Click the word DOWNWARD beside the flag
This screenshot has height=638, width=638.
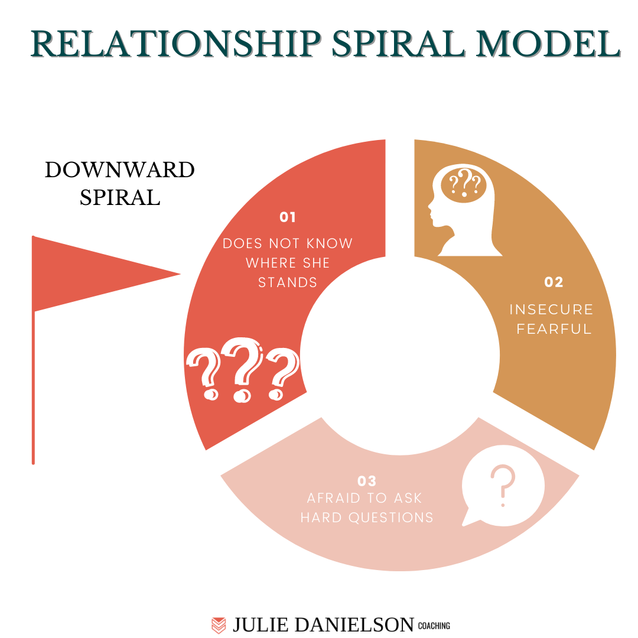coord(120,170)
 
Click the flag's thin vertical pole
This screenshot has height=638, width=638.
coord(33,390)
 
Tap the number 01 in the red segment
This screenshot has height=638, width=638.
coord(288,217)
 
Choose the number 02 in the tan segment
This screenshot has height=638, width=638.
coord(554,282)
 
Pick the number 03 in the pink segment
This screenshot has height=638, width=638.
coord(367,481)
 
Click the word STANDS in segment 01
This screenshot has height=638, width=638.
coord(288,282)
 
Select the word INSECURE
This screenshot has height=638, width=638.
coord(551,310)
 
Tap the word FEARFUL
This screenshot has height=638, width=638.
coord(554,329)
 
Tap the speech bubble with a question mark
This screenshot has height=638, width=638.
coord(502,487)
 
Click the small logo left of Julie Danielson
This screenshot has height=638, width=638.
coord(219,625)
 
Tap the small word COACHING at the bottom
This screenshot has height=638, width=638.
coord(434,626)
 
